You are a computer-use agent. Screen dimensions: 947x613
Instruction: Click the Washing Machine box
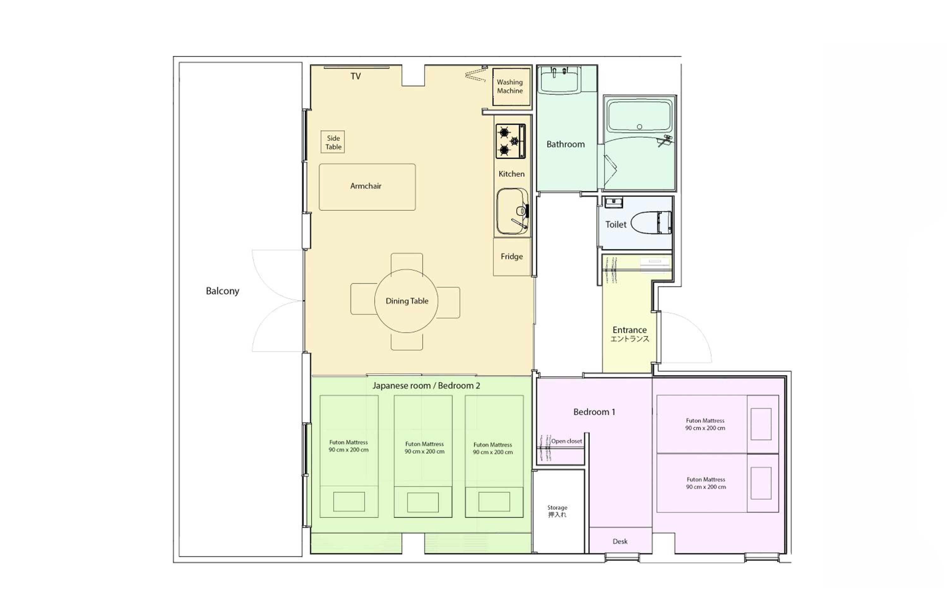tap(511, 87)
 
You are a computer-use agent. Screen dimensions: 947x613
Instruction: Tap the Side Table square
tap(333, 142)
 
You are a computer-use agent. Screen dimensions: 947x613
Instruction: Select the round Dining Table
tap(406, 301)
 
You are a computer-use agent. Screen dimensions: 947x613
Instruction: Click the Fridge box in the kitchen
tap(512, 257)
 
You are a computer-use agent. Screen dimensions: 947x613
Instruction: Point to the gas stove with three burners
tap(510, 141)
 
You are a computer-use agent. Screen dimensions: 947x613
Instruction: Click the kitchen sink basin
tap(512, 211)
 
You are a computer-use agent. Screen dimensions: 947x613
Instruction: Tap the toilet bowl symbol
tap(651, 222)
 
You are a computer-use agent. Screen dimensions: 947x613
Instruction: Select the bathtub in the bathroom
tap(640, 116)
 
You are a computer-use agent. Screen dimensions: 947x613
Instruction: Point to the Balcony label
tap(223, 291)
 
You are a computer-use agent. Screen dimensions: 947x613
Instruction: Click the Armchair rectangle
tap(367, 187)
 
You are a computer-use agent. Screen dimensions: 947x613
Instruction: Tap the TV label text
tap(356, 76)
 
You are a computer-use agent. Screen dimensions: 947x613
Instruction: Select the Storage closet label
tap(557, 511)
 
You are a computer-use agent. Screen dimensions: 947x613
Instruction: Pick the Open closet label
tap(567, 441)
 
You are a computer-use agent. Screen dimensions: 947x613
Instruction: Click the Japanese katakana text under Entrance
tap(630, 339)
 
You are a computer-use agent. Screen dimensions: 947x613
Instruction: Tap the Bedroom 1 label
tap(594, 412)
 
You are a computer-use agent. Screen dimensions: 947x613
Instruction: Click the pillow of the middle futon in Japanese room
tap(423, 503)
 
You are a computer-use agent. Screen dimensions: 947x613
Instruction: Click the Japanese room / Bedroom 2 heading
tap(426, 386)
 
